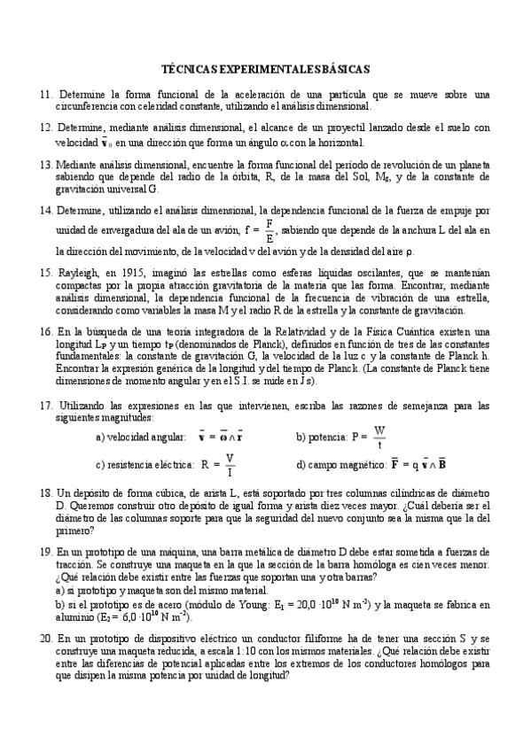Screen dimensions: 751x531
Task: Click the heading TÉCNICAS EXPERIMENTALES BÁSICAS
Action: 265,68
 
